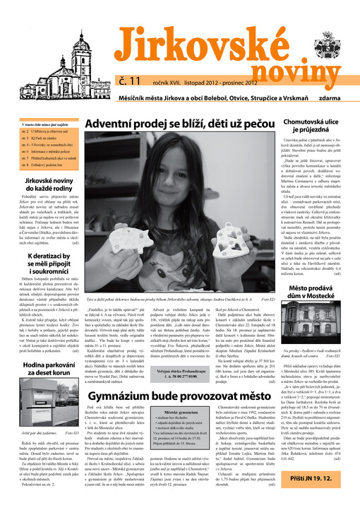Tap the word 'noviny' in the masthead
[x=283, y=64]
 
